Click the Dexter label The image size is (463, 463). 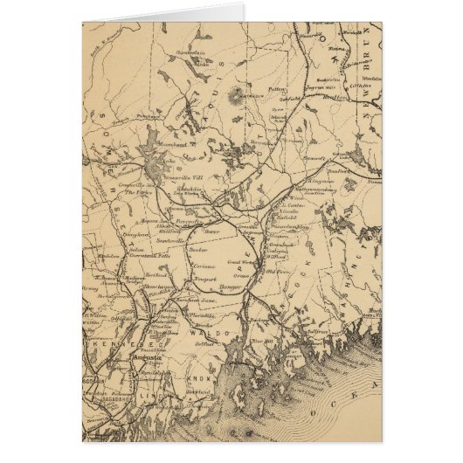point(197,249)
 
